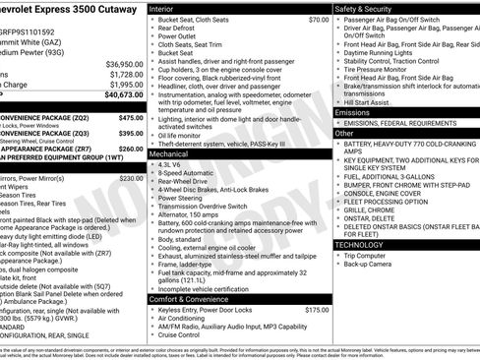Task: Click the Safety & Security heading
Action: point(362,8)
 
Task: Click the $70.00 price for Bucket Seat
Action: point(318,20)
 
